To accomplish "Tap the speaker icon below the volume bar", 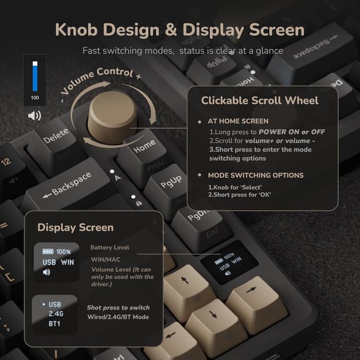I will point(35,116).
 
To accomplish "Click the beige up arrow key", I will point(186,280).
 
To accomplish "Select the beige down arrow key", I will point(214,314).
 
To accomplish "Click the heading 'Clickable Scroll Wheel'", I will point(260,101).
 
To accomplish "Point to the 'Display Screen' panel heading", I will point(75,227).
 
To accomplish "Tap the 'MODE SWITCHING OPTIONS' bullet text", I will point(255,175).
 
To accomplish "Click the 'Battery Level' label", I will point(110,247).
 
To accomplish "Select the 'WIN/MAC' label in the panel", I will point(106,260).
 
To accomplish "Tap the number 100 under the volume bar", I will point(35,98).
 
